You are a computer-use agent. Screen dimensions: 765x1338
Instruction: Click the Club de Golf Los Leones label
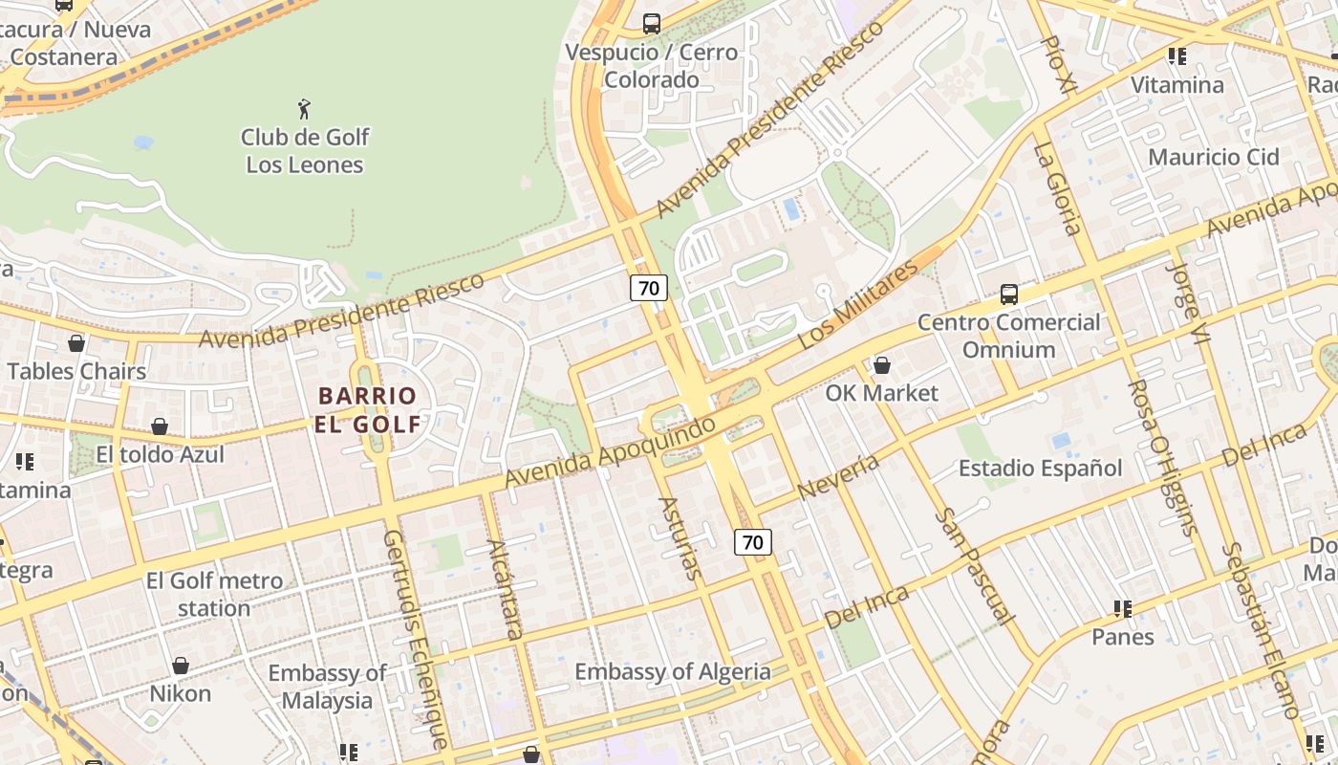click(304, 151)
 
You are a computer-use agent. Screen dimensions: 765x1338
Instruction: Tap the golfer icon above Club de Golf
click(304, 109)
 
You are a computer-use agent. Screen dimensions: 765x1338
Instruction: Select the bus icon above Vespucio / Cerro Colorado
click(652, 24)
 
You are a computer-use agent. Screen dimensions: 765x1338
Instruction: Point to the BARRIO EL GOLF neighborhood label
click(368, 409)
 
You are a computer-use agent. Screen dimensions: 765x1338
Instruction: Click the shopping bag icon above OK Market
click(882, 365)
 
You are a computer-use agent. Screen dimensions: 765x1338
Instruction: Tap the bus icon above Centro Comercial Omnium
click(1008, 295)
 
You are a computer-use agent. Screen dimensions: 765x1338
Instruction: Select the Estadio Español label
click(1041, 468)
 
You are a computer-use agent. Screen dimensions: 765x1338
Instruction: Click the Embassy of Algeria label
click(672, 672)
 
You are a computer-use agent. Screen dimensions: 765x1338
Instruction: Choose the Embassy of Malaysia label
click(327, 687)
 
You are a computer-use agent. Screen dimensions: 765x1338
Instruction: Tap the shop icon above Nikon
click(180, 666)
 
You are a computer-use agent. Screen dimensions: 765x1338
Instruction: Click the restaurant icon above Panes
click(1123, 609)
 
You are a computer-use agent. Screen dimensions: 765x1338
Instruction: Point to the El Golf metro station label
click(214, 594)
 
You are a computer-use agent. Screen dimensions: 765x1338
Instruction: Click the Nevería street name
click(837, 476)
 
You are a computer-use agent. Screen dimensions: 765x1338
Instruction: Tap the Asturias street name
click(681, 538)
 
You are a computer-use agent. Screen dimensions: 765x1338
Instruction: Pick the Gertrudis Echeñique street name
click(415, 639)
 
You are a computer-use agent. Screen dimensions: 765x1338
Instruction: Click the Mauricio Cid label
click(1213, 157)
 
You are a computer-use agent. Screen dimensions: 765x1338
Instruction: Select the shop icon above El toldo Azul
click(160, 426)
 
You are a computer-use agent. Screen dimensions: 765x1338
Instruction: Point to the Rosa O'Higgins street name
click(1161, 457)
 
